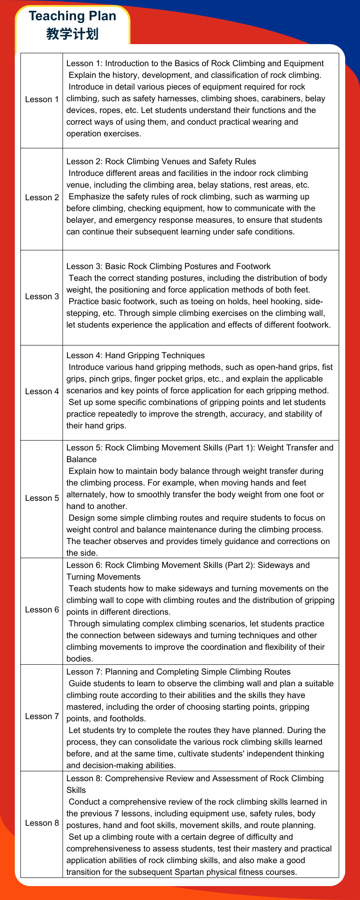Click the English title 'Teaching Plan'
coord(72,16)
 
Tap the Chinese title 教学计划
coord(72,34)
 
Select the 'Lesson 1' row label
coord(42,99)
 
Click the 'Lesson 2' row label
coord(42,198)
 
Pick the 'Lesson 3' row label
coord(42,297)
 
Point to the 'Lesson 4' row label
coord(42,391)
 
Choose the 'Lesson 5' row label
coord(42,498)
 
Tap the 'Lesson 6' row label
coord(42,610)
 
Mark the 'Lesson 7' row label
coord(42,716)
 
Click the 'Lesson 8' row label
coord(42,823)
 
